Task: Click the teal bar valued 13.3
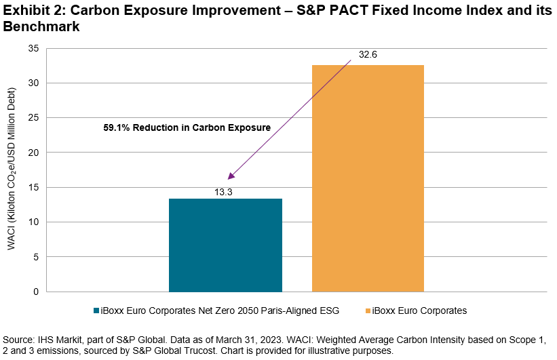225,245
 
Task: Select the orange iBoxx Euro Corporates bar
368,178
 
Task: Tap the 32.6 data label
368,56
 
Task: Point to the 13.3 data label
225,192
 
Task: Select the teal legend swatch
96,311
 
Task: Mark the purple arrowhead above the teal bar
231,176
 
